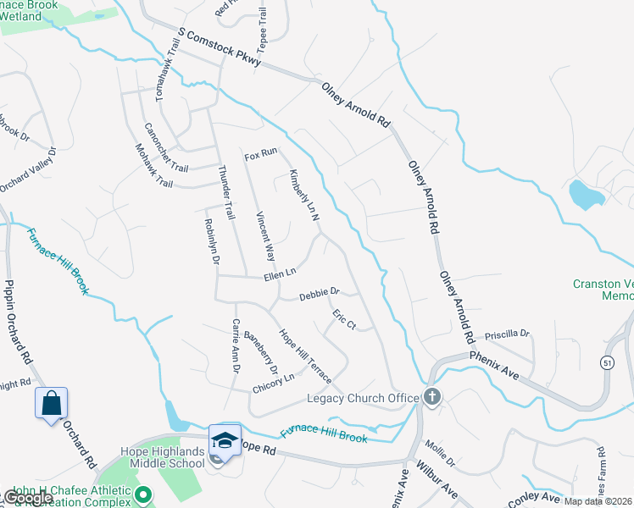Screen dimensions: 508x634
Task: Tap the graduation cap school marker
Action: (x=225, y=439)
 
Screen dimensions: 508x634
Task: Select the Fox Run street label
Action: (x=261, y=156)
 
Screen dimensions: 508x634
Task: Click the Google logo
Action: (x=27, y=498)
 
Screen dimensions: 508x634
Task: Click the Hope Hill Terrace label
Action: (x=305, y=356)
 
